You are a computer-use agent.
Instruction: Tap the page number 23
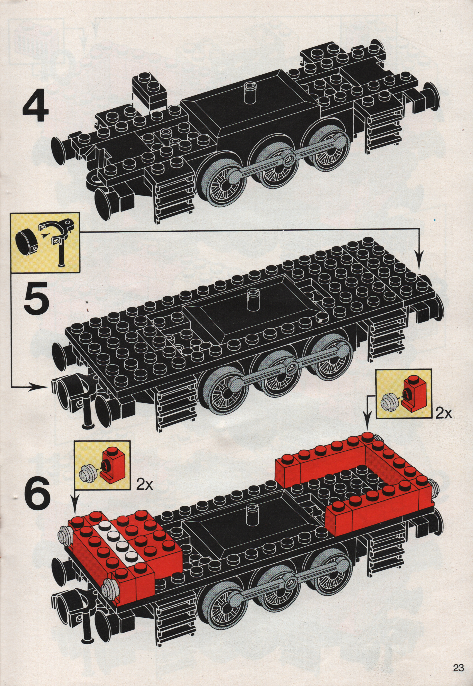click(458, 668)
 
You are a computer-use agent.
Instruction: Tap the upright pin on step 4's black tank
click(249, 91)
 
